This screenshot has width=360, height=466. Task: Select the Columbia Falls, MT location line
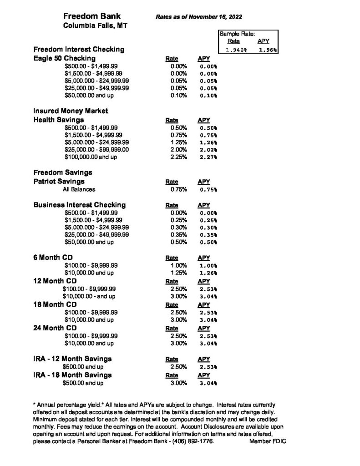[95, 26]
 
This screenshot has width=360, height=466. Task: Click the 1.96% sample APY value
[267, 50]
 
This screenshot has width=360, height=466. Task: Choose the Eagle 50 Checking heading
[65, 58]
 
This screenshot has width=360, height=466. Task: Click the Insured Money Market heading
[71, 111]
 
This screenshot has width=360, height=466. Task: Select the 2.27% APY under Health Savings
[208, 157]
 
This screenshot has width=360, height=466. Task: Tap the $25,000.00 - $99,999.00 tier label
[97, 149]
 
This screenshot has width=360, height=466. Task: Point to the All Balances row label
[79, 189]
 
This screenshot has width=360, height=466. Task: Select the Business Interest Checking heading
[80, 205]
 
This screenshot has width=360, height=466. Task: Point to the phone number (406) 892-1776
[191, 441]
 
